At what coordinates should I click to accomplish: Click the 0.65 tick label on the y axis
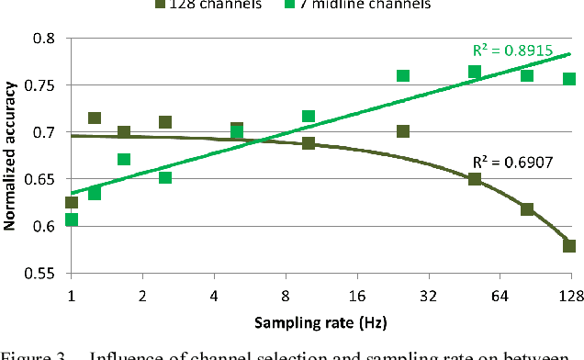[x=43, y=179]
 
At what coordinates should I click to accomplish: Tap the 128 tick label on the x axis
[x=569, y=295]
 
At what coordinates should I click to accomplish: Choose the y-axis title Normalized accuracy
[x=10, y=156]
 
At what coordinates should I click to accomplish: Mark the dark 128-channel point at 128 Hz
[x=569, y=245]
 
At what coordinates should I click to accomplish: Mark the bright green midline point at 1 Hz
[x=72, y=219]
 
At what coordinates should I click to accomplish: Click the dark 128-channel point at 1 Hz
[x=72, y=202]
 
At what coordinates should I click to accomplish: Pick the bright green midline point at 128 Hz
[x=569, y=79]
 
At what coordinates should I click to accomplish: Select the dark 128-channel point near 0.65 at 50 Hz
[x=475, y=178]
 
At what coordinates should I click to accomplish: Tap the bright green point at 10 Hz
[x=309, y=117]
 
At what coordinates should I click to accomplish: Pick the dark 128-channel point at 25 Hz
[x=403, y=131]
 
